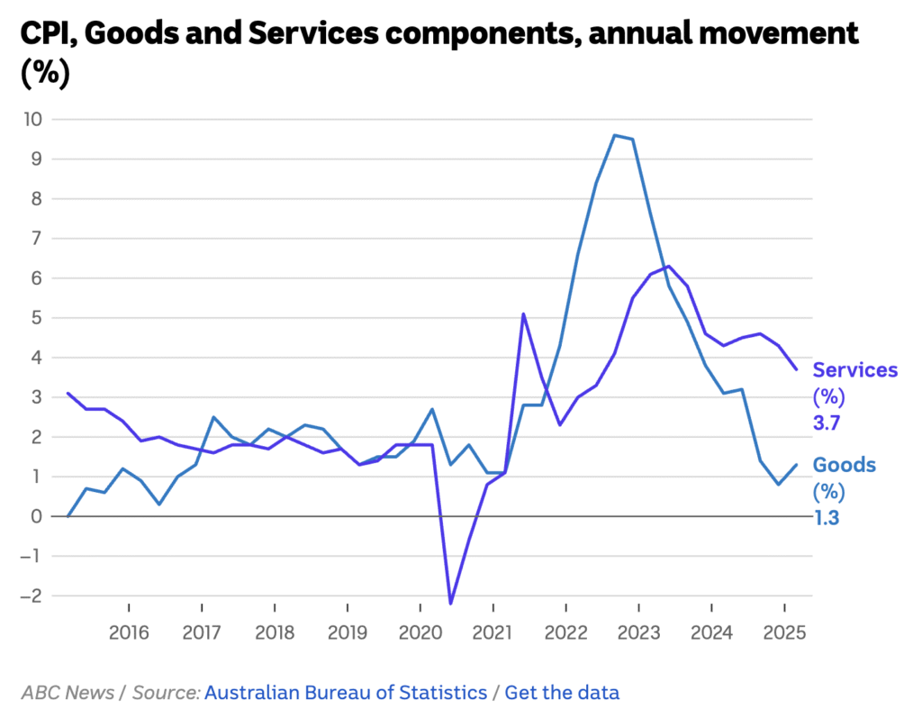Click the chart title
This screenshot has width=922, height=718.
tap(439, 52)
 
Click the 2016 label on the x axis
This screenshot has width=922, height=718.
tap(129, 632)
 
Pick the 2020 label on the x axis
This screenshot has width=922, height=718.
tap(420, 632)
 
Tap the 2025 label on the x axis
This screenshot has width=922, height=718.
tap(784, 632)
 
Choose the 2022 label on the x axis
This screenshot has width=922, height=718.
tap(565, 632)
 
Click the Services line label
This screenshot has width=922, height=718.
tap(855, 370)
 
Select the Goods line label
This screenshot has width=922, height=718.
tap(844, 465)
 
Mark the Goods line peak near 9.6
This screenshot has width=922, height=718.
tap(614, 135)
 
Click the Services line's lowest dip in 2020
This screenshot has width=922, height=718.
tap(450, 603)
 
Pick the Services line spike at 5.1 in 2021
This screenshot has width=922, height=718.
tap(523, 314)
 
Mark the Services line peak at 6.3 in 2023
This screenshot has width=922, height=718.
tap(668, 266)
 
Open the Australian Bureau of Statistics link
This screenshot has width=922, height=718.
tap(346, 693)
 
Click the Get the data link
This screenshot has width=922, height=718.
tap(562, 693)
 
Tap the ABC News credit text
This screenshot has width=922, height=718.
tap(68, 693)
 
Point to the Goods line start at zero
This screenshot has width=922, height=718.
tap(68, 516)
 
